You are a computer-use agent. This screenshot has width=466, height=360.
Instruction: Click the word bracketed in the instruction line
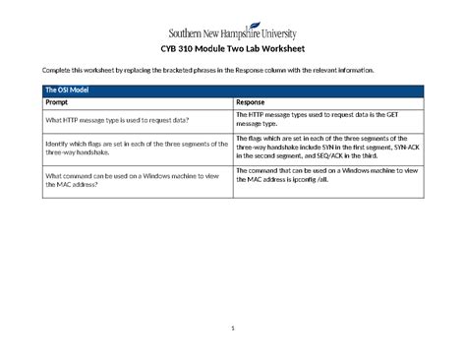click(193, 72)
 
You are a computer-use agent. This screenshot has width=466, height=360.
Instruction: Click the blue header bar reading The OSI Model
click(232, 90)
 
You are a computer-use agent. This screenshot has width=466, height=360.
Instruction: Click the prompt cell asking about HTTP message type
click(117, 120)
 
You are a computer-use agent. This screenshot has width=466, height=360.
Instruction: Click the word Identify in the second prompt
click(59, 143)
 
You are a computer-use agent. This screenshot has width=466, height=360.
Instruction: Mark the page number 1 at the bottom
click(232, 328)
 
